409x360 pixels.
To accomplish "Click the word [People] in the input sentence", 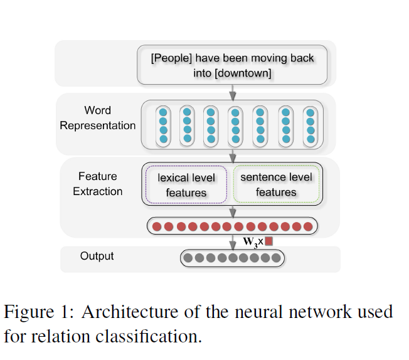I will (x=171, y=58).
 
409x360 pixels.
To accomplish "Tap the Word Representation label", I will (x=97, y=118).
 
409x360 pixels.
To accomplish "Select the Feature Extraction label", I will (x=97, y=184).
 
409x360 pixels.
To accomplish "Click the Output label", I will (x=97, y=256).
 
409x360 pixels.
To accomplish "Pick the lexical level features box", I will (x=186, y=185).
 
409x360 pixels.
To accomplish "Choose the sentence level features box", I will (x=276, y=184).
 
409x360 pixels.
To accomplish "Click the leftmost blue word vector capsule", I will (x=162, y=125).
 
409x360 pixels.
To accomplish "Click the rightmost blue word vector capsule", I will (x=311, y=125).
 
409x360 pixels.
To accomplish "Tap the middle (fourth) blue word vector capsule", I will (x=235, y=125).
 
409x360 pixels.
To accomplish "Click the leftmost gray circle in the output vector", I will (x=188, y=257).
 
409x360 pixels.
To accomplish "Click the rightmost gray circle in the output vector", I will (x=276, y=257).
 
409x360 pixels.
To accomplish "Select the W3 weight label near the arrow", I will (x=250, y=242).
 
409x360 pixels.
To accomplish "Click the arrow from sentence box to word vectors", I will (x=233, y=93).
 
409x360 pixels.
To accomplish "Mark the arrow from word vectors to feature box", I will (x=233, y=156).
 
